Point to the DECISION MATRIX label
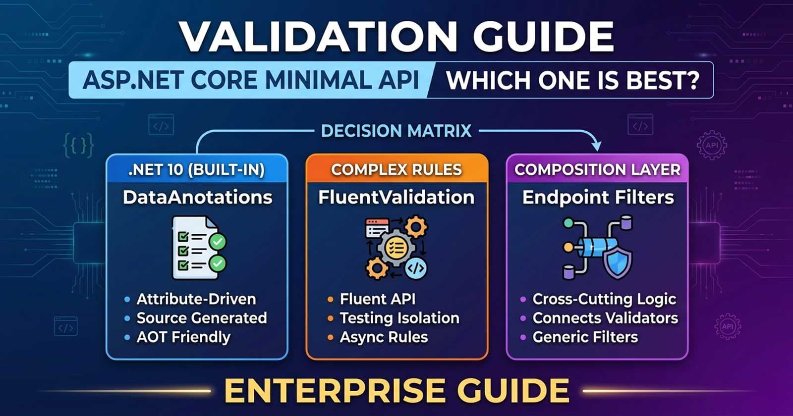coord(396,131)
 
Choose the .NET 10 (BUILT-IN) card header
coord(197,169)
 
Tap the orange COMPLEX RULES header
coord(396,169)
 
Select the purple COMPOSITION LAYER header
coord(597,169)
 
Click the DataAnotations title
coord(197,197)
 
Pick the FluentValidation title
coord(396,197)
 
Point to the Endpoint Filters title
coord(598,197)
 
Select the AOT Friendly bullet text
coord(183,337)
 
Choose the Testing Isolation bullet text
coord(399,318)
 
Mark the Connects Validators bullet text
coord(605,318)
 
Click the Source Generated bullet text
coord(201,318)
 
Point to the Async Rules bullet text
coord(383,337)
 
